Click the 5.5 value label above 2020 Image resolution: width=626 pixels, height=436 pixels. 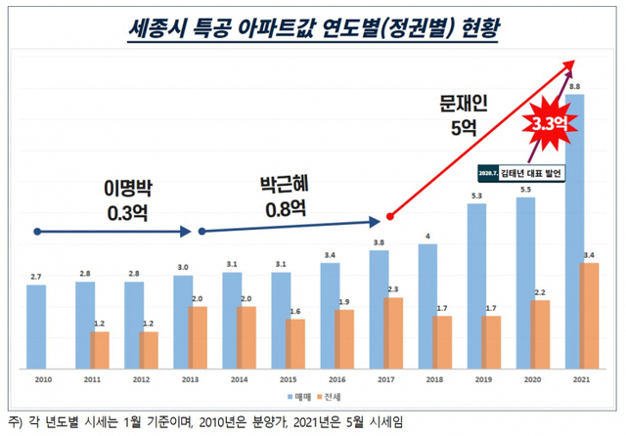[526, 190]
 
